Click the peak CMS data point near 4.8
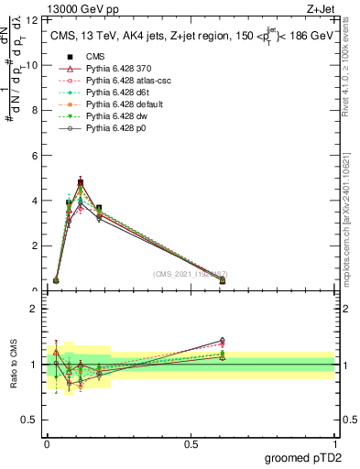tap(82, 183)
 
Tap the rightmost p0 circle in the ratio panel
tap(223, 340)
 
